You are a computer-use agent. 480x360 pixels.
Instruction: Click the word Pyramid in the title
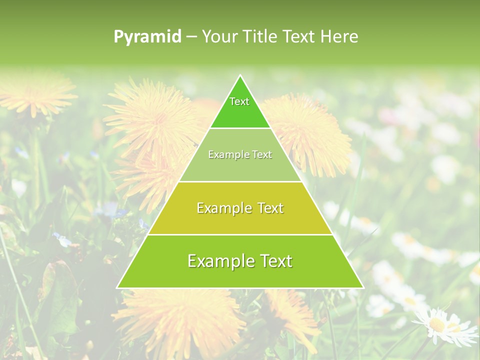point(147,37)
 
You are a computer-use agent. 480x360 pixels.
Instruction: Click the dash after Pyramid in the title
point(191,37)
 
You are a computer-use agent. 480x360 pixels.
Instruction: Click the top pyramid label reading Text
point(239,101)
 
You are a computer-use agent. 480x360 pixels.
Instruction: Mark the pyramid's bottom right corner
point(362,287)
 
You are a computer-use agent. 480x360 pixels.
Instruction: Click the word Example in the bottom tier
point(217,261)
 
